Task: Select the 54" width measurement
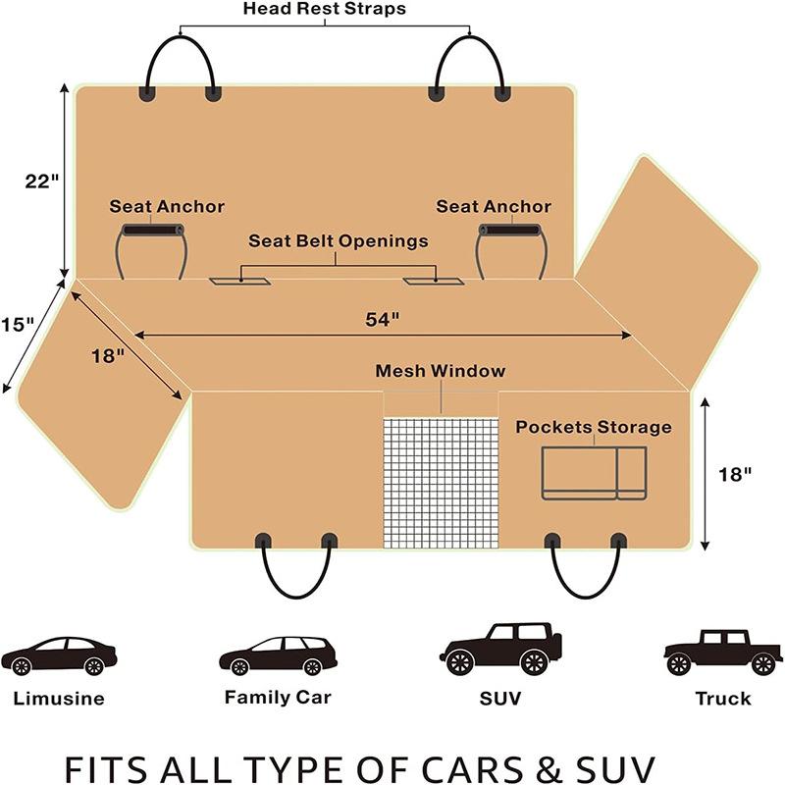382,319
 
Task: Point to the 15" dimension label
18,323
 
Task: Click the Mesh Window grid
441,481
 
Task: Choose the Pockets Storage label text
594,427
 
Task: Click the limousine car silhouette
59,655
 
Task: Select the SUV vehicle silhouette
500,649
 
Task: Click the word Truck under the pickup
722,699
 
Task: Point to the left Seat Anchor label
167,207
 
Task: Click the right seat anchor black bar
509,230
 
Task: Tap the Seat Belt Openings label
338,240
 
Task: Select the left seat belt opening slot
240,282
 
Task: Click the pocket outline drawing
594,473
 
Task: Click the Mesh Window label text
441,371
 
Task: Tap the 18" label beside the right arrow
735,474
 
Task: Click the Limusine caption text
59,700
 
